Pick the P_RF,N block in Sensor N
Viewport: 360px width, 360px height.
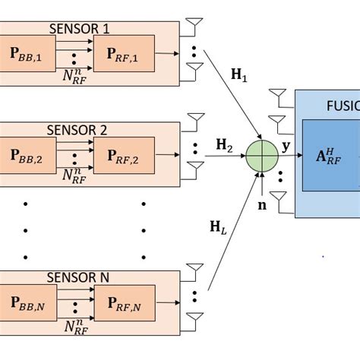click(x=123, y=303)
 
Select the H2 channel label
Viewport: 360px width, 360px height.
click(x=224, y=144)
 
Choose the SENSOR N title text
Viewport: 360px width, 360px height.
click(x=79, y=278)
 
